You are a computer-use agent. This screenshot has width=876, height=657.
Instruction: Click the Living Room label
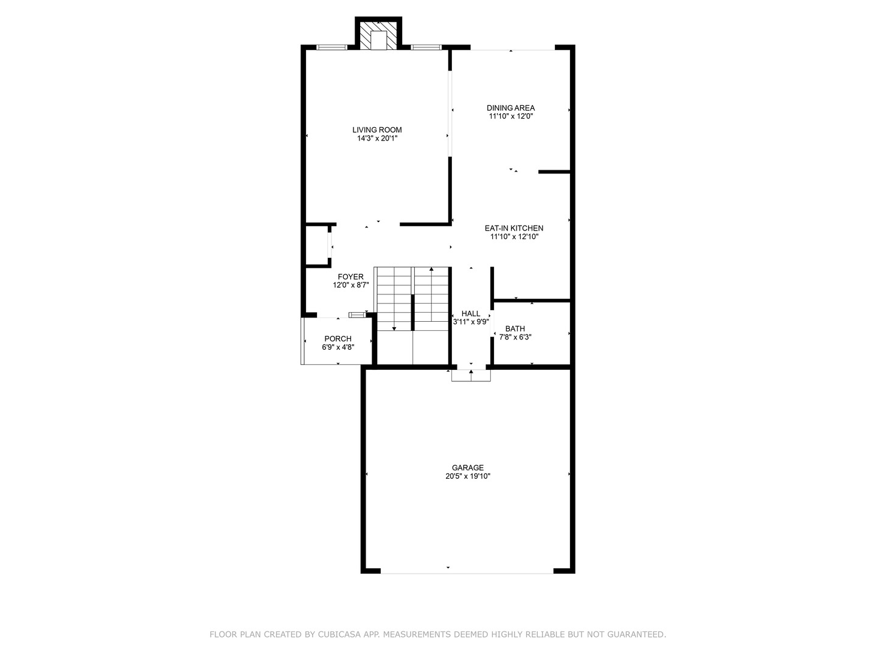coord(377,130)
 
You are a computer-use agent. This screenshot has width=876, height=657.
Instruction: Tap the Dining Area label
coord(510,108)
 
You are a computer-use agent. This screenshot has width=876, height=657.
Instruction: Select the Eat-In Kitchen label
coord(514,228)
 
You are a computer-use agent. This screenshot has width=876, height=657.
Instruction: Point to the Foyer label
coord(351,277)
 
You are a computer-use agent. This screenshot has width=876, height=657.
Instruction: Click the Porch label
coord(338,339)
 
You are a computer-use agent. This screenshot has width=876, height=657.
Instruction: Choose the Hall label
coord(471,314)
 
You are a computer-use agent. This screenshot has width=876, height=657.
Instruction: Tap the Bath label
coord(515,328)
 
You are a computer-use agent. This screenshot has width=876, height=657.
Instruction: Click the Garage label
coord(467,468)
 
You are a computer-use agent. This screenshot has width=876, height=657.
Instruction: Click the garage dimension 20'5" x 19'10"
coord(467,477)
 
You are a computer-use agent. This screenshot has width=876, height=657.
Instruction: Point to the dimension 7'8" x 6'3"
coord(515,337)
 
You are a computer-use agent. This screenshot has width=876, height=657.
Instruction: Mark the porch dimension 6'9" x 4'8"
coord(338,347)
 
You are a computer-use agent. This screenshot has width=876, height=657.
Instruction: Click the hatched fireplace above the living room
coord(378,36)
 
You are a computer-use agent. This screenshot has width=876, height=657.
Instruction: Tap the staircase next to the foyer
coord(412,298)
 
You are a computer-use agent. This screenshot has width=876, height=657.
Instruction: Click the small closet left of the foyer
coord(316,246)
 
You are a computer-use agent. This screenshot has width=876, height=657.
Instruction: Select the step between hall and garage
coord(471,375)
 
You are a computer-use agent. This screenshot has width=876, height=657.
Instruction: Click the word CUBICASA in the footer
coord(340,634)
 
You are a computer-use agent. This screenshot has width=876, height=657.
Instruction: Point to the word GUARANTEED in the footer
coord(637,634)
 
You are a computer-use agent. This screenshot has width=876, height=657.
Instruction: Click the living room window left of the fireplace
coord(332,47)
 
